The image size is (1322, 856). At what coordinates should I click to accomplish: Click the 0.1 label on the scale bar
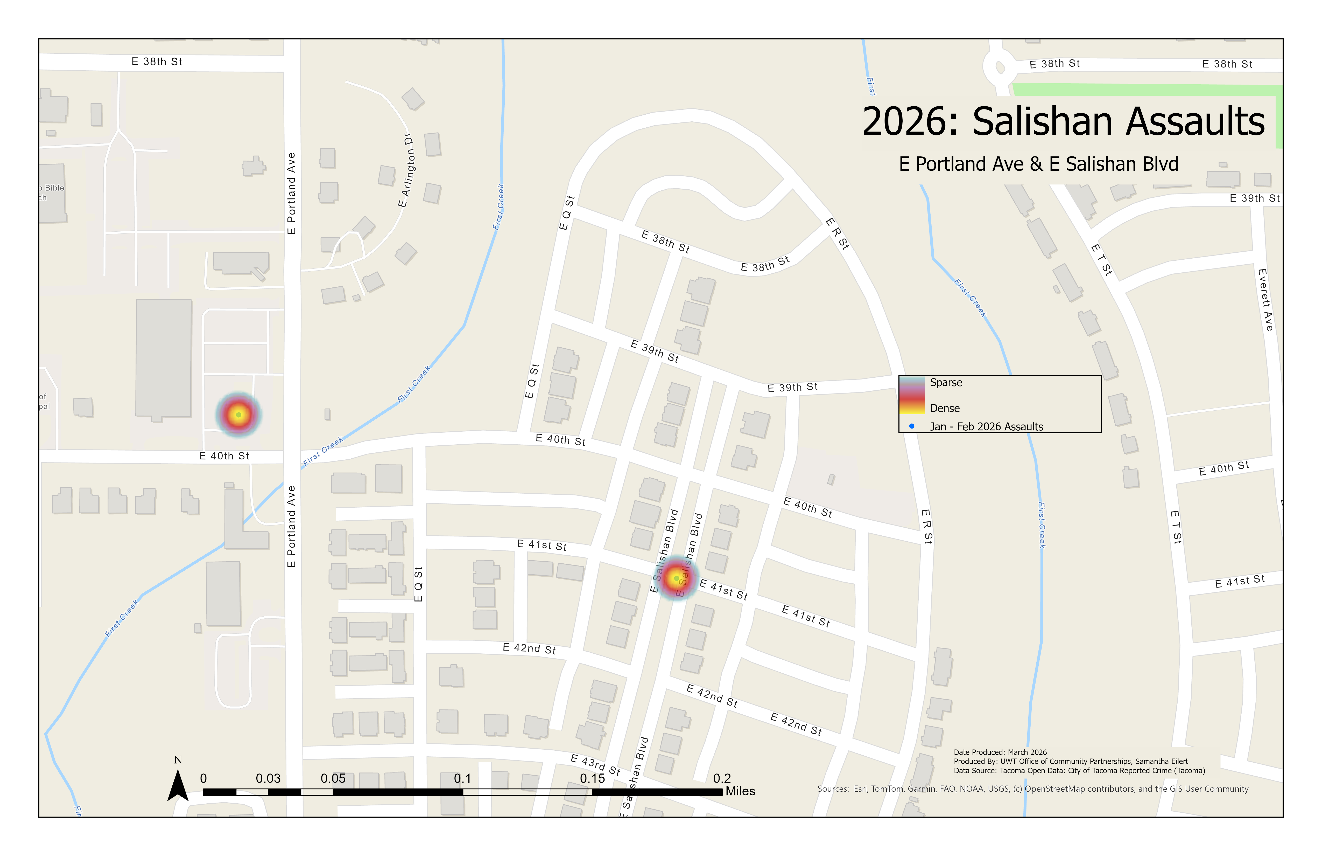pos(462,778)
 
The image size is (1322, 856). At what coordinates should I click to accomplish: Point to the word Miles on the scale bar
pos(740,791)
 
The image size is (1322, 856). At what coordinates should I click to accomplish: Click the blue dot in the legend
pos(911,426)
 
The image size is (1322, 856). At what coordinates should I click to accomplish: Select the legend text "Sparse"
pos(946,382)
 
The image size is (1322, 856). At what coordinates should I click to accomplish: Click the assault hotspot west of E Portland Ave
pos(238,415)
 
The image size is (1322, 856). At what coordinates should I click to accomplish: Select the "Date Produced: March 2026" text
pos(1000,752)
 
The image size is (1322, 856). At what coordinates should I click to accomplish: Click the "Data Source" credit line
pos(1079,770)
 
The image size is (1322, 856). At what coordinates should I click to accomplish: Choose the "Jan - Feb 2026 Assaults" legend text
pos(987,426)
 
